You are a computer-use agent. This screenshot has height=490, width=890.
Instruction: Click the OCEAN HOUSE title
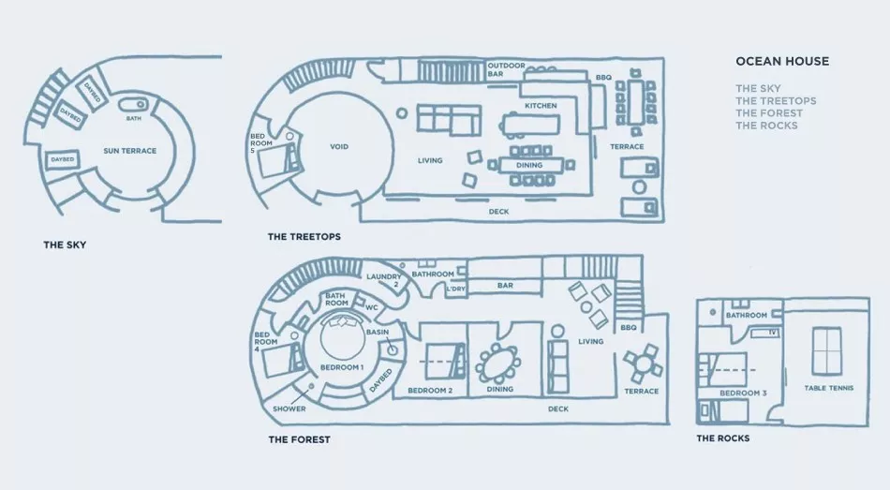coord(782,62)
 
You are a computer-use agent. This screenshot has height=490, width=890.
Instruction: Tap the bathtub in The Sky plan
coord(141,105)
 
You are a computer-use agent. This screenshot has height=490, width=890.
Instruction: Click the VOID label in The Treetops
coord(339,147)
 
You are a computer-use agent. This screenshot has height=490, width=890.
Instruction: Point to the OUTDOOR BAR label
coord(506,70)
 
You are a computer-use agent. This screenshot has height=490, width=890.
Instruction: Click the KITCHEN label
coord(541,106)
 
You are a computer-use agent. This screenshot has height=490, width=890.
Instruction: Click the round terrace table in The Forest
coord(643,361)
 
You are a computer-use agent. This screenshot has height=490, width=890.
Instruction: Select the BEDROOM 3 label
coord(744,393)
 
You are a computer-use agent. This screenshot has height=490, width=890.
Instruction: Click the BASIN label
coord(377,333)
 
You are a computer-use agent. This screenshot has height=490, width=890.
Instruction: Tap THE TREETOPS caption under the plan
coord(304,237)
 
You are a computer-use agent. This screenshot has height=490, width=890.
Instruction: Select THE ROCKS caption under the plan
coord(722,438)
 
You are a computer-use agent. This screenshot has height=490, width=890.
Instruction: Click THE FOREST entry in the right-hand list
coord(768,112)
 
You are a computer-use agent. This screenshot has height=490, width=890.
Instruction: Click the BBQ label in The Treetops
coord(603,78)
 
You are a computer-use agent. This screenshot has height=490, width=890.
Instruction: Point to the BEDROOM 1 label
coord(342,368)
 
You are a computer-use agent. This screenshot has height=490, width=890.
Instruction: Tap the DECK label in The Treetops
coord(498,212)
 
